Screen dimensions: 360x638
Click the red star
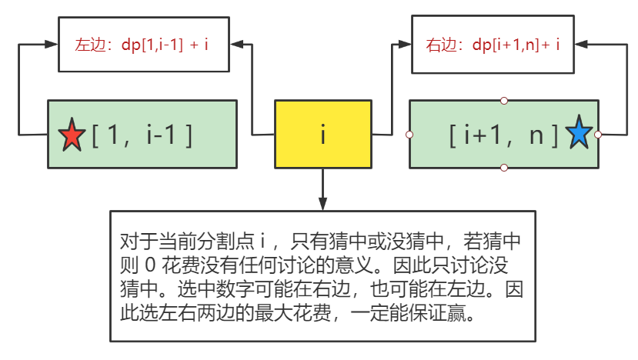[72, 136]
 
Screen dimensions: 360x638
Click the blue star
[579, 133]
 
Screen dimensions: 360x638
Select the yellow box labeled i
[323, 135]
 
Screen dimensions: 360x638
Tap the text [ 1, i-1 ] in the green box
[142, 135]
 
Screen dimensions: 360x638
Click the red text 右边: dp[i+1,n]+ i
[493, 45]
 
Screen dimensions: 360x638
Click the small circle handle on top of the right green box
[504, 101]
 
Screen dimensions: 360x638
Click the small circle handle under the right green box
[504, 168]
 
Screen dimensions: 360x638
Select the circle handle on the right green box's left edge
[409, 135]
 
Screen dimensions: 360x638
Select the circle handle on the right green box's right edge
[599, 135]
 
